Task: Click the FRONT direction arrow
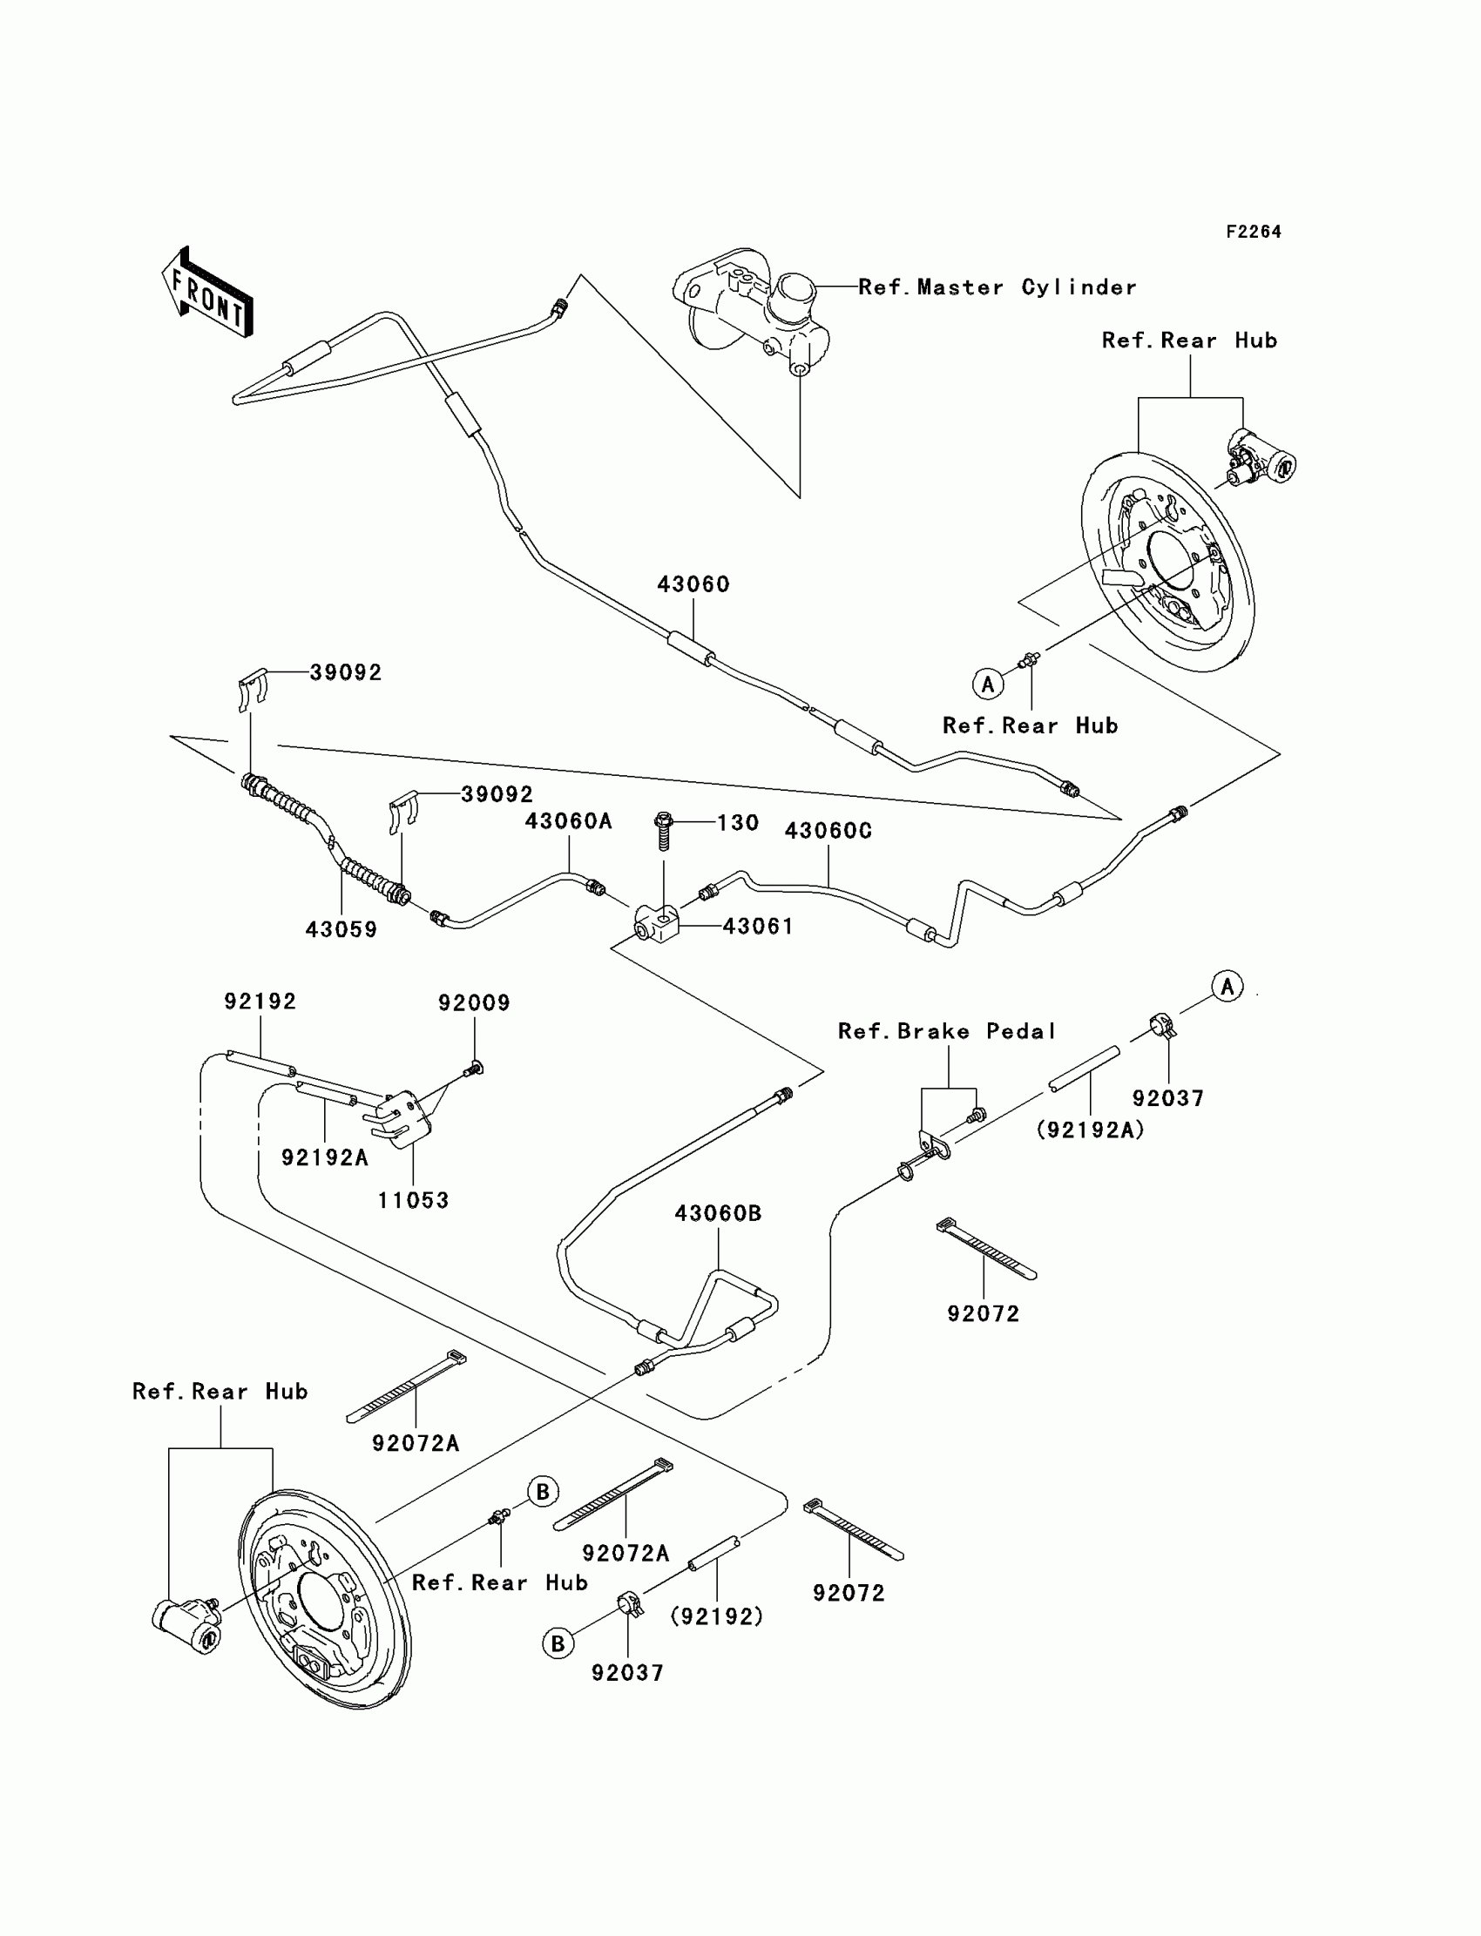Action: click(208, 293)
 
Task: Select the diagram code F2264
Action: click(1253, 232)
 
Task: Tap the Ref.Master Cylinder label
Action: click(996, 287)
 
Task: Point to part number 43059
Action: click(342, 928)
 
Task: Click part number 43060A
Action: click(569, 821)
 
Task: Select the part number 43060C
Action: click(828, 831)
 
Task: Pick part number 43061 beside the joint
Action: click(758, 926)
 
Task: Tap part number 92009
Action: click(474, 1002)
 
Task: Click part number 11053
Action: click(414, 1200)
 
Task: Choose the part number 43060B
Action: click(719, 1213)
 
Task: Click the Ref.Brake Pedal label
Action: click(947, 1031)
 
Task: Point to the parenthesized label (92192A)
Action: click(1091, 1130)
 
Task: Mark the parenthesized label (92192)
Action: click(717, 1616)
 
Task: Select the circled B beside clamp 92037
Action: click(558, 1643)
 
